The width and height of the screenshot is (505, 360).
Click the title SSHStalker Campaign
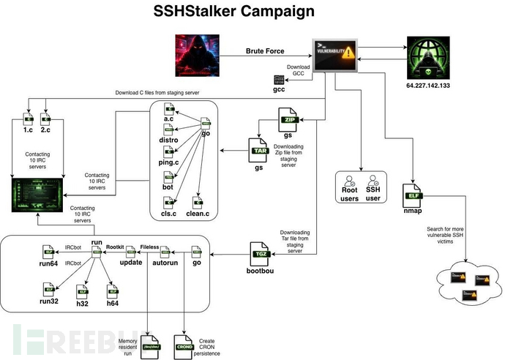(x=234, y=12)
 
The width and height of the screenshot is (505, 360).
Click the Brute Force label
(x=264, y=52)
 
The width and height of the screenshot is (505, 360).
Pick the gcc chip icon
(x=278, y=79)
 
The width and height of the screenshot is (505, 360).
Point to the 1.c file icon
(x=29, y=117)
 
